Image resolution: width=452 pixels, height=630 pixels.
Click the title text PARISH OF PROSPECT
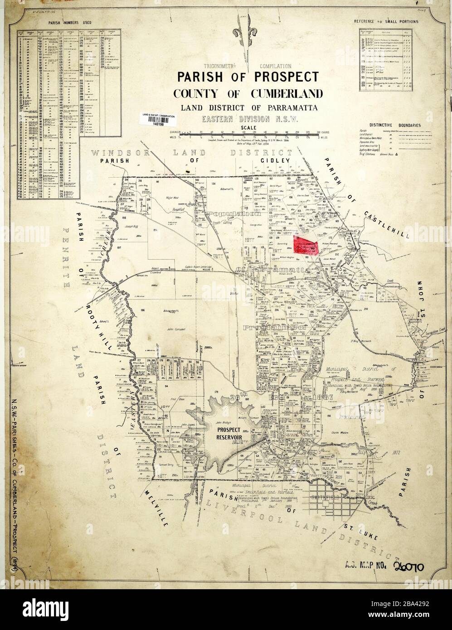248,76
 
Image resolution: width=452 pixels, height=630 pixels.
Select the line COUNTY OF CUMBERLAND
248,94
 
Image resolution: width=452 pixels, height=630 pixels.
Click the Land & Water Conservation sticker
159,119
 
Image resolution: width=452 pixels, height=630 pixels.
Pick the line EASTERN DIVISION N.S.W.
248,120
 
